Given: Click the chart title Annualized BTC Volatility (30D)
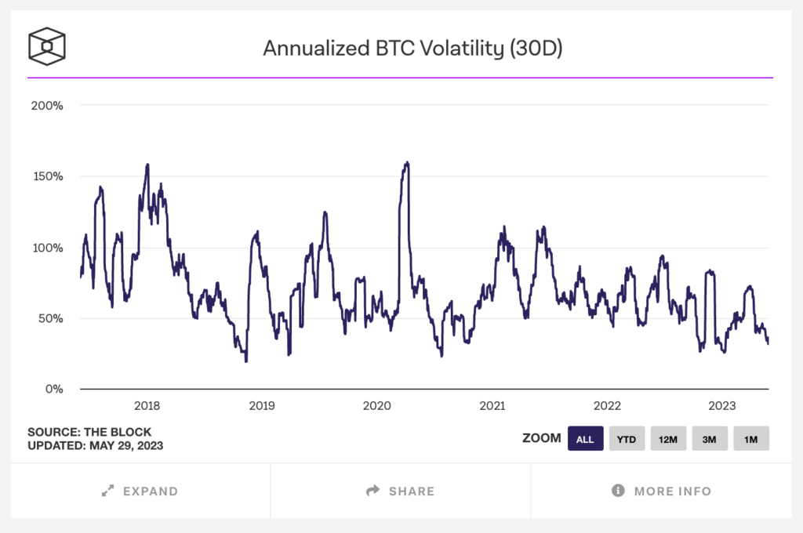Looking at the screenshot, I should click(x=412, y=49).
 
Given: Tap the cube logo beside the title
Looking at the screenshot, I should click(x=47, y=46).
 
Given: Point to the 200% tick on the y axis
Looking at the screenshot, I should click(x=46, y=105).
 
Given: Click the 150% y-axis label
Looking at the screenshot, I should click(x=47, y=176).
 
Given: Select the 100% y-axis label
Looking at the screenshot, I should click(x=47, y=248).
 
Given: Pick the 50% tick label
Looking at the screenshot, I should click(x=50, y=318).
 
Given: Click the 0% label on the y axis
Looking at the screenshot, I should click(x=54, y=390).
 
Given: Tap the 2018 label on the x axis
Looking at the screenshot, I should click(x=147, y=406).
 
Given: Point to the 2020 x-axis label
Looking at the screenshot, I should click(x=377, y=406).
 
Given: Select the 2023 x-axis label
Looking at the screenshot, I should click(x=722, y=406).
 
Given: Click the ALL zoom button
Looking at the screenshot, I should click(x=585, y=439).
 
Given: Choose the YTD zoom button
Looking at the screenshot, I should click(x=627, y=439).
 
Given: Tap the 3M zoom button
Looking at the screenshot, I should click(x=710, y=439).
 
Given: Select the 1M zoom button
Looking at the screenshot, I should click(x=750, y=439).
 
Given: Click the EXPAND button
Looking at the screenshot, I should click(x=140, y=491).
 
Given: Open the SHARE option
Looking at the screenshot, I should click(x=401, y=491).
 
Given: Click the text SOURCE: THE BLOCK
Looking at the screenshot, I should click(x=89, y=432).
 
